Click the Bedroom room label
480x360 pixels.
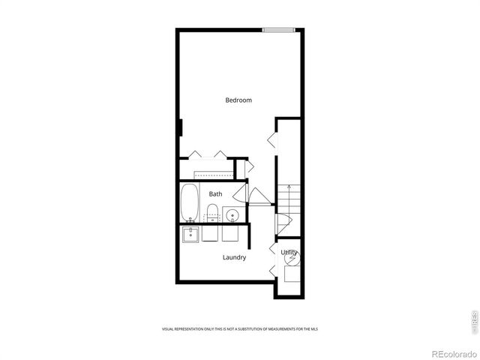tap(238, 100)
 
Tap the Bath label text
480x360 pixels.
tap(215, 194)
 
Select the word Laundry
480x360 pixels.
tap(234, 257)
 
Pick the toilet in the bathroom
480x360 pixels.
tap(212, 213)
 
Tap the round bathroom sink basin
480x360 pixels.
tap(232, 216)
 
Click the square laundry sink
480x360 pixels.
tap(190, 234)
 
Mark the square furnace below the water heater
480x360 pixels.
tap(291, 273)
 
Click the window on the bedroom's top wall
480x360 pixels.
tap(278, 30)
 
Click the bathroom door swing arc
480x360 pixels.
tap(260, 196)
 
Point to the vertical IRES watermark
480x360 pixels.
tap(473, 319)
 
